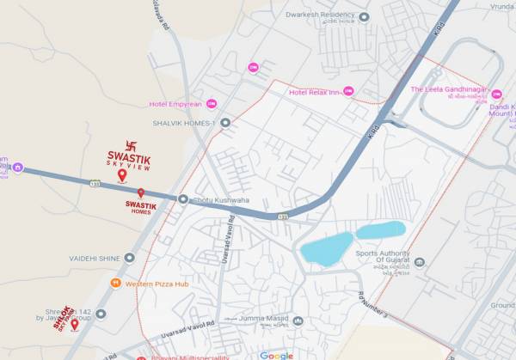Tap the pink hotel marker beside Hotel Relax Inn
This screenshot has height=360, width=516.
[x=348, y=91]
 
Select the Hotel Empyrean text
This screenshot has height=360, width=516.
[x=175, y=104]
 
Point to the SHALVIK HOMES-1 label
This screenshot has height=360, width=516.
[x=184, y=123]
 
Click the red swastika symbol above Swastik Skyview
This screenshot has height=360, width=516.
[x=132, y=146]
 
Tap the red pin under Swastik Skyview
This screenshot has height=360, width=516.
[x=121, y=175]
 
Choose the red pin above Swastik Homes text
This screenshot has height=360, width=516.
[x=141, y=193]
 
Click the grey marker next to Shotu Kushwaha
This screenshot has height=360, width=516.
[x=182, y=199]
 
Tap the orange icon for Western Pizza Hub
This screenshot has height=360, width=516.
[x=114, y=283]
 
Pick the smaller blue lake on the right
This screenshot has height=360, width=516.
[x=380, y=229]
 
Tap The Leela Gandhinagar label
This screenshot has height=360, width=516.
[x=449, y=89]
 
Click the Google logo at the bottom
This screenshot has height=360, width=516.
[x=276, y=355]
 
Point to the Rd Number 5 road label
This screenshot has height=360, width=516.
[x=373, y=302]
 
